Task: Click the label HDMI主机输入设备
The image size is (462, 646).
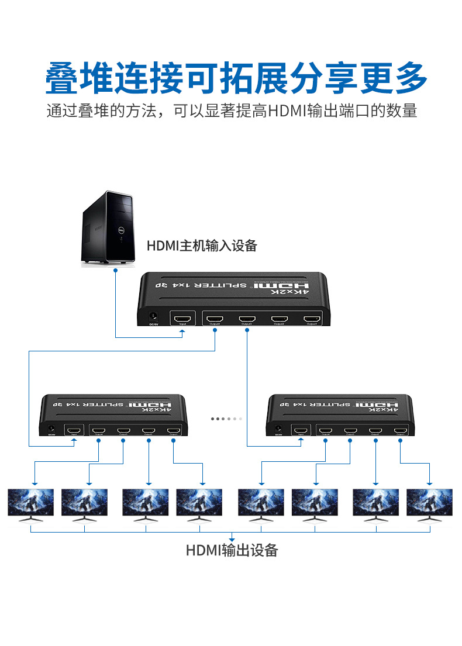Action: pos(202,246)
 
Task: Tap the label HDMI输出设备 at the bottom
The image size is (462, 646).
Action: pos(232,550)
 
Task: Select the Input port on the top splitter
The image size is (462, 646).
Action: pos(183,320)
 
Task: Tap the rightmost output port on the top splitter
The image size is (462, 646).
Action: pos(311,319)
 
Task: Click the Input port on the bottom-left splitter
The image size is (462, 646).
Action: pos(74,431)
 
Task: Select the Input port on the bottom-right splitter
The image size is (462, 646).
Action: pos(301,431)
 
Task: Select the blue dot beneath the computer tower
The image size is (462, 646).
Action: pos(116,271)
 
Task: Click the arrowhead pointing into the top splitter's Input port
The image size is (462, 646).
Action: pos(183,332)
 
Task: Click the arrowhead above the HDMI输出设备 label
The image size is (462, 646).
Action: pos(232,538)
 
